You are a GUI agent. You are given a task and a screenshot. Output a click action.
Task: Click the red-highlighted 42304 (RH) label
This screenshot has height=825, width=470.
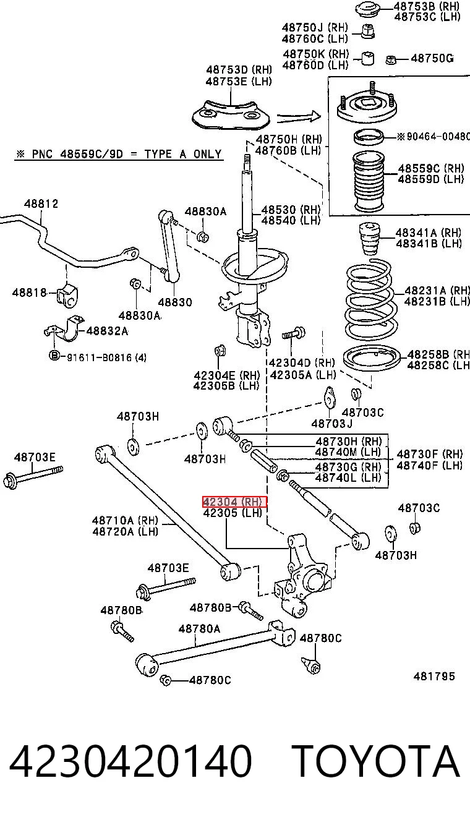click(234, 502)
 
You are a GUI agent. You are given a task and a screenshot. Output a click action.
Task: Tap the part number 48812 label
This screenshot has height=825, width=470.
click(41, 203)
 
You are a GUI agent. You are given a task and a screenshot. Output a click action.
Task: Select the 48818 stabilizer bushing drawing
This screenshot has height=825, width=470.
click(67, 295)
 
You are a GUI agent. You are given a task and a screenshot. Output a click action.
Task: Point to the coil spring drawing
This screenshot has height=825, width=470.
click(371, 299)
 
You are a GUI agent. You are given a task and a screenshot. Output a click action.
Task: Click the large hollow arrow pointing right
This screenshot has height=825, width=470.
click(299, 117)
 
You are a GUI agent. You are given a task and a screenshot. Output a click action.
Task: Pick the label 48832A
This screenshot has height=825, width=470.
click(107, 331)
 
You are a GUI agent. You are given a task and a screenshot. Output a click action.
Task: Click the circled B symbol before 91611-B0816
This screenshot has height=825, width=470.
click(54, 356)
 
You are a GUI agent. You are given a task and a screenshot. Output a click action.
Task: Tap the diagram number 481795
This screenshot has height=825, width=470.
click(434, 676)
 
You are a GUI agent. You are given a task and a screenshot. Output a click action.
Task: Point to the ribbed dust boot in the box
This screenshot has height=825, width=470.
click(369, 182)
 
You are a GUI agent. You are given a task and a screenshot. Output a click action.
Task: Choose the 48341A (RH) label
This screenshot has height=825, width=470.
click(429, 233)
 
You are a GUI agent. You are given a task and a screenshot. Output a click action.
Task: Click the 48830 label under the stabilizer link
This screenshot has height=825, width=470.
click(175, 302)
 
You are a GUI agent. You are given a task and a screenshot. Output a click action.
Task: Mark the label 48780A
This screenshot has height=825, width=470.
click(199, 628)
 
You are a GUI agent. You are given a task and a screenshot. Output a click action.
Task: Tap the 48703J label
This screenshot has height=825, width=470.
click(331, 424)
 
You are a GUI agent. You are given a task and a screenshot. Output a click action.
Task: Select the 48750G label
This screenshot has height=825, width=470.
click(432, 58)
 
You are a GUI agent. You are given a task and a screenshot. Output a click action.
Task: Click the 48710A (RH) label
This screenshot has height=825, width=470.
click(125, 520)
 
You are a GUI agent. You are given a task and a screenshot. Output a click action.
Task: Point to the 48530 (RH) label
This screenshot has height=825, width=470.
click(291, 210)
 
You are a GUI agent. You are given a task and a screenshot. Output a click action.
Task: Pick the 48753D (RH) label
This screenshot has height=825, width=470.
click(239, 70)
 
